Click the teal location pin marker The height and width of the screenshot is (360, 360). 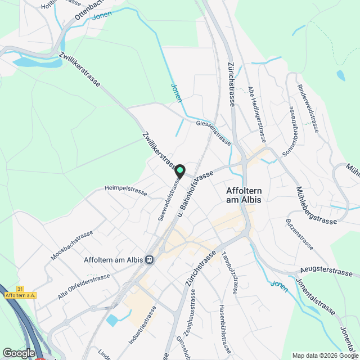179,170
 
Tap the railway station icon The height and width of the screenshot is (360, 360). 150,259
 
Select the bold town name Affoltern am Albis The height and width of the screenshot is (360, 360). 244,194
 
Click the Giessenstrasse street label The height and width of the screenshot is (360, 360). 214,132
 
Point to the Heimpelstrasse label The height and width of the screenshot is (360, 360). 125,191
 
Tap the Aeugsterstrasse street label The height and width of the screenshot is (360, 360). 326,272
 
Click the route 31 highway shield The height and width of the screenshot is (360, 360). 20,289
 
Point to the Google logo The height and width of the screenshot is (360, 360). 18,353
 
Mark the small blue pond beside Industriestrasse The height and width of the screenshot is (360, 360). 112,321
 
